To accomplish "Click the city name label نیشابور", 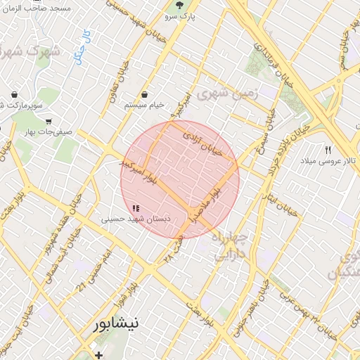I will pos(120,325).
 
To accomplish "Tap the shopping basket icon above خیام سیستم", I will pos(144,94).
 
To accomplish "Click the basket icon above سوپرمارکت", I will pos(15,93).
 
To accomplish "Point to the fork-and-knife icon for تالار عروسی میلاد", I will pos(328,150).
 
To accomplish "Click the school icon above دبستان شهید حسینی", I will pos(136,208).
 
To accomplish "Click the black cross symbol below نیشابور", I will pos(99,354).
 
